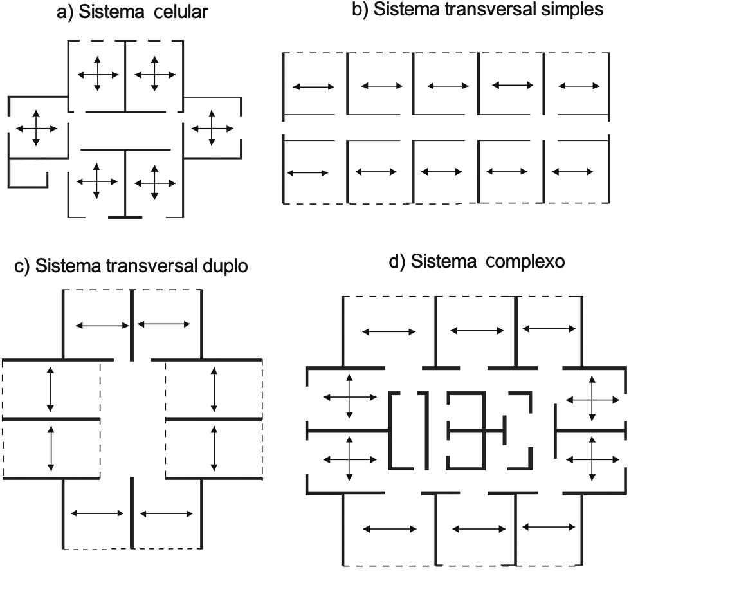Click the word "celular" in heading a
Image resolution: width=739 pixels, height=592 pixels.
[181, 12]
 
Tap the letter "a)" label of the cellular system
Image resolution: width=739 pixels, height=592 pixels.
[65, 12]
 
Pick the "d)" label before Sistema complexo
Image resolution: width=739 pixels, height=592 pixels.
[397, 262]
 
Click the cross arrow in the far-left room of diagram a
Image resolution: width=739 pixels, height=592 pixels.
[36, 129]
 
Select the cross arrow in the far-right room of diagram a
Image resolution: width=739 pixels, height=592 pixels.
[212, 128]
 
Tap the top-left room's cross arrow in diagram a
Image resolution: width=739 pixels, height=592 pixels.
[98, 75]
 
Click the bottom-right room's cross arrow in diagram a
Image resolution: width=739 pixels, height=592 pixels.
[155, 183]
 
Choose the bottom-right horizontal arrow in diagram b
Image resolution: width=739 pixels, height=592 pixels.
[572, 172]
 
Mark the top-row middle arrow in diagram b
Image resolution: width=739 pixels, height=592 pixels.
[448, 86]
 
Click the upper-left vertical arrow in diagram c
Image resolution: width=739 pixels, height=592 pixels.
[50, 389]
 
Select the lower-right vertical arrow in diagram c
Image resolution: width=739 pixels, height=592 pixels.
[214, 450]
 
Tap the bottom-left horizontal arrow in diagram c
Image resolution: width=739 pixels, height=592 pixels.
[96, 513]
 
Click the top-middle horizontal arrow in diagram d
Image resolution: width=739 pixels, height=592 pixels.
[477, 331]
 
